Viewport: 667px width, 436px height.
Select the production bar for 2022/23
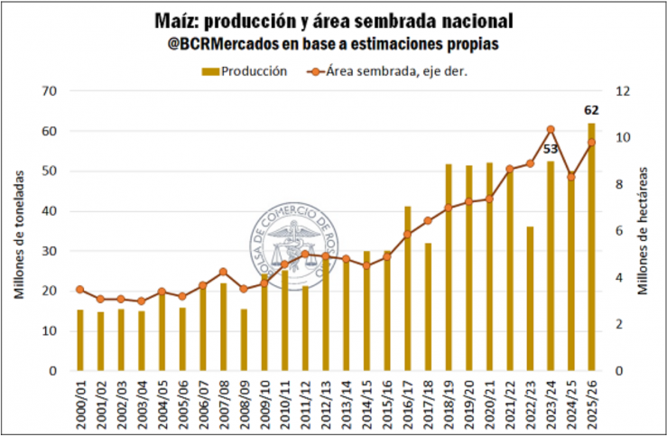pyautogui.click(x=531, y=298)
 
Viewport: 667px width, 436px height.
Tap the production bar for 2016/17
pyautogui.click(x=408, y=288)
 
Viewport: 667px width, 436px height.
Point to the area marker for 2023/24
pyautogui.click(x=551, y=130)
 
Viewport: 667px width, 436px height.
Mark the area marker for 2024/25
pyautogui.click(x=571, y=177)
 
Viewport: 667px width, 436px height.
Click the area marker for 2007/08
pyautogui.click(x=223, y=272)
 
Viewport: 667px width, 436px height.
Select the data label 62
pyautogui.click(x=591, y=112)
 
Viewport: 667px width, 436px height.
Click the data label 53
pyautogui.click(x=551, y=149)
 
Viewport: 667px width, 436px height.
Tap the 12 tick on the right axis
pyautogui.click(x=623, y=91)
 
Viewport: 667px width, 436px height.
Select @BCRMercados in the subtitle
pyautogui.click(x=222, y=43)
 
